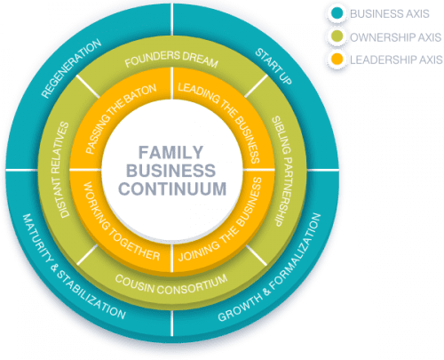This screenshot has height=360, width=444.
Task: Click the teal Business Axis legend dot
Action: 337,13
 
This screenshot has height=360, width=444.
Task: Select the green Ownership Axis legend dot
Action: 337,36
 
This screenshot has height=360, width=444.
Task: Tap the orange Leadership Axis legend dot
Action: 337,60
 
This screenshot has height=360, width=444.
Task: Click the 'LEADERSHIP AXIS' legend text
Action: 396,60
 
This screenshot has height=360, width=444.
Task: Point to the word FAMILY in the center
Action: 170,152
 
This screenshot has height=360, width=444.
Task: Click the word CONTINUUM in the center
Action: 172,188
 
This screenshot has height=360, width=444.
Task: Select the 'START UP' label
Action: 274,66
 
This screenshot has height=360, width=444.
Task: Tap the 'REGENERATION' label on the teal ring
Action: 71,68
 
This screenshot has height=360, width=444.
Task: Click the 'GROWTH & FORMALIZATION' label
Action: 270,268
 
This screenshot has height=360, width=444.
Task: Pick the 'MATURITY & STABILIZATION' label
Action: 74,267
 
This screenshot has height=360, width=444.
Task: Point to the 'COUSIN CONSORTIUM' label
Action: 171,284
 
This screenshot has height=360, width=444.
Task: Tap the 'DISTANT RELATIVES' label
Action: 60,170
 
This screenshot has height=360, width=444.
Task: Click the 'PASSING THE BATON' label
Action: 121,119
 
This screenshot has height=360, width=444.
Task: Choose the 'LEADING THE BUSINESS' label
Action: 219,123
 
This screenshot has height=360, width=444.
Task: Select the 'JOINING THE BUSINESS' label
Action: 220,220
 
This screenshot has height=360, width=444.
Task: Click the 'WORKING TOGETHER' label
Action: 122,221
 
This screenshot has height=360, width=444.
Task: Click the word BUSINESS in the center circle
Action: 171,171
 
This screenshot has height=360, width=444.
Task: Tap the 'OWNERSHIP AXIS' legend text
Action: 396,37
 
